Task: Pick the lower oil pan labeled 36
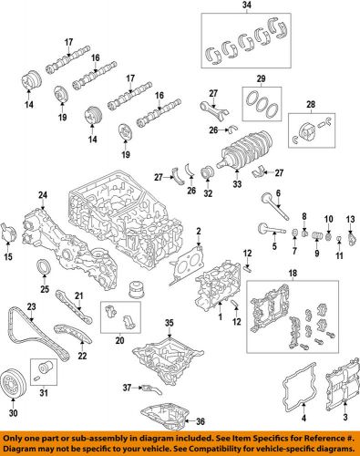point(164,409)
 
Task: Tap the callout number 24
point(41,195)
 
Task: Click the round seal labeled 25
point(42,267)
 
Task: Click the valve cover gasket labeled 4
point(285,392)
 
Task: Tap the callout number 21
point(78,295)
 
